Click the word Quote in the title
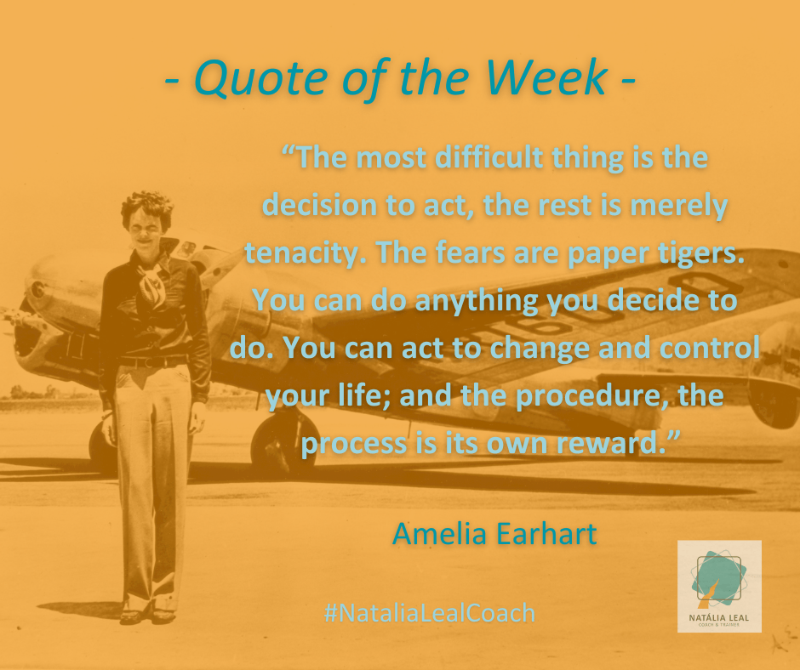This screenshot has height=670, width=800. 260,79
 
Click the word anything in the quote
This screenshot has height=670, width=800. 477,301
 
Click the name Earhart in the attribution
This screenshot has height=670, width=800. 546,534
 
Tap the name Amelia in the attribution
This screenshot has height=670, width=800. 439,534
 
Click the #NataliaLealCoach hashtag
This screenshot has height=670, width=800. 430,612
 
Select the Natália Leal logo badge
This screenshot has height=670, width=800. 719,587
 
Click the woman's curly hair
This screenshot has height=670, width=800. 147,204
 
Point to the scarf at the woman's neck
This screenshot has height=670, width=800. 151,285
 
